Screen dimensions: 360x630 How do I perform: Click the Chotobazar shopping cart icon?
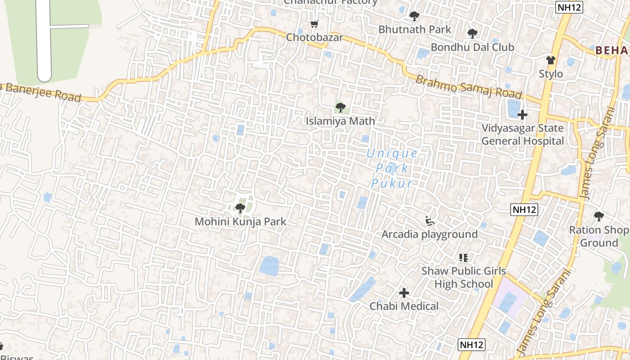314,24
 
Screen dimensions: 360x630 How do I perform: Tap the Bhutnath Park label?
414,30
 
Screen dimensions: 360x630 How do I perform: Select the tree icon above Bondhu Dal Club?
472,33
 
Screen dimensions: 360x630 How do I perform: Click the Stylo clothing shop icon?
551,60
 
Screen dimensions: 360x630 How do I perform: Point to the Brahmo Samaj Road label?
468,87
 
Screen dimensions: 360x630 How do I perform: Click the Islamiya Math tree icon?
341,108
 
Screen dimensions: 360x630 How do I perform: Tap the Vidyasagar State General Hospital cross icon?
522,115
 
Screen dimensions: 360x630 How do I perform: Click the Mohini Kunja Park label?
240,222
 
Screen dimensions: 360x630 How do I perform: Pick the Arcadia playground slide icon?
430,221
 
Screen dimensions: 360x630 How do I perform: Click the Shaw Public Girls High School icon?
463,258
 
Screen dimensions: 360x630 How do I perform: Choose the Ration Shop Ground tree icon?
598,216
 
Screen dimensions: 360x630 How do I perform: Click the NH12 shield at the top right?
569,7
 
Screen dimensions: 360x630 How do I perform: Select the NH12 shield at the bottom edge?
472,345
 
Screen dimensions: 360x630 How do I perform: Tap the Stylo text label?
551,74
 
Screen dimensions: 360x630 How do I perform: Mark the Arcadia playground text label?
429,234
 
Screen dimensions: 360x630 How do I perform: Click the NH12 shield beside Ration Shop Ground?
525,210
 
